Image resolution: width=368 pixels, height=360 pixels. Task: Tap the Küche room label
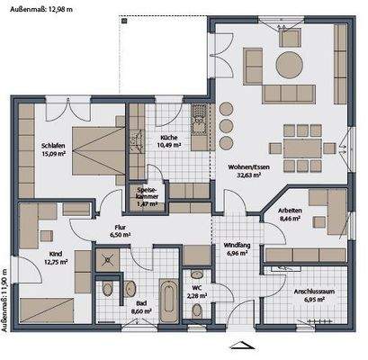[168, 141]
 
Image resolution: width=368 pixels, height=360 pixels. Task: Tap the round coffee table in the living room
[289, 64]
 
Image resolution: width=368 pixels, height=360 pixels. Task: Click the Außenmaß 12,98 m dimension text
[36, 8]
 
